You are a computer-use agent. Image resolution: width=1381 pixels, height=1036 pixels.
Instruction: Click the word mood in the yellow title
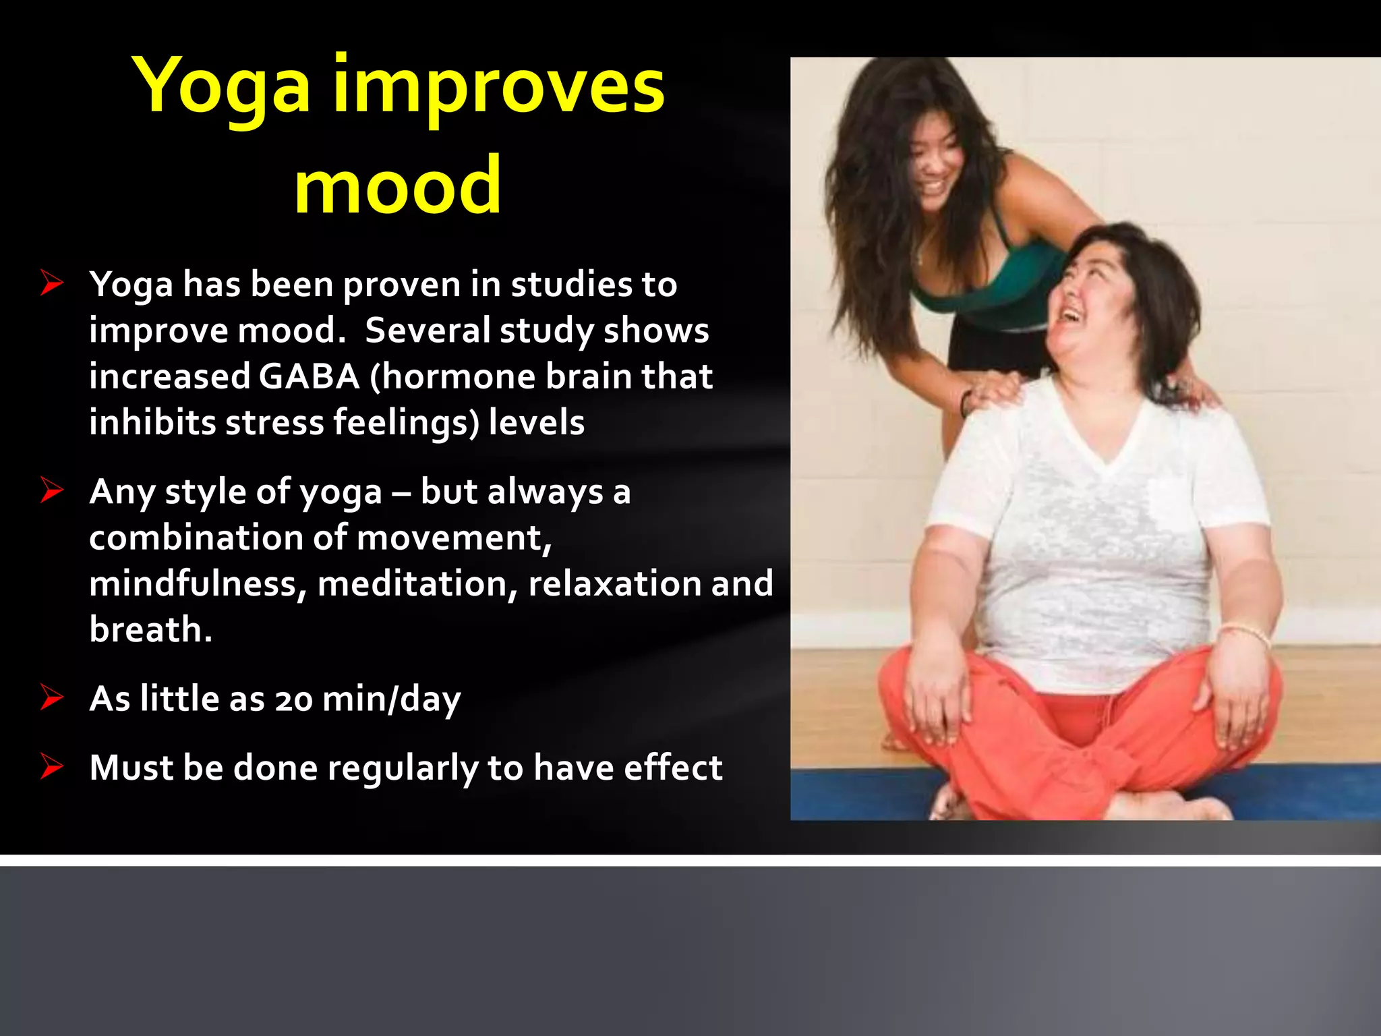point(398,185)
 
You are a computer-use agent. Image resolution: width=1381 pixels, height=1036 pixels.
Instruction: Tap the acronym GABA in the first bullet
point(309,376)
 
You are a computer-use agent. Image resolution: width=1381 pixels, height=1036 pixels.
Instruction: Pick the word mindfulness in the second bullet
point(194,583)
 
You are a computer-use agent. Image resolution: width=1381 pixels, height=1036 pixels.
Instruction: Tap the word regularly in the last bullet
point(403,768)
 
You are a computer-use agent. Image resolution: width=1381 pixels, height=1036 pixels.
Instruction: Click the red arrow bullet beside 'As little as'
point(51,697)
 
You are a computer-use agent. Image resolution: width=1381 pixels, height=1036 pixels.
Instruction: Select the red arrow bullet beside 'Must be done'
point(51,766)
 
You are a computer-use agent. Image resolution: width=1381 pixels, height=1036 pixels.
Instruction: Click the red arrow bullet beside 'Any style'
point(51,490)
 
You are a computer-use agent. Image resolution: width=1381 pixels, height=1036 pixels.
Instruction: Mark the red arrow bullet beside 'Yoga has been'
point(51,283)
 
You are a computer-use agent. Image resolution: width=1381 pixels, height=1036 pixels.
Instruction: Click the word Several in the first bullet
point(428,330)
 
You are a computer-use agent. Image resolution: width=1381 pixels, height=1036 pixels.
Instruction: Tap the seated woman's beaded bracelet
point(1244,631)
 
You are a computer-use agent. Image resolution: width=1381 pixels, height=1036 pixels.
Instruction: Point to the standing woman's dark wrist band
point(965,403)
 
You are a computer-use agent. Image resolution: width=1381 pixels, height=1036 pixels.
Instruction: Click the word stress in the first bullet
point(274,423)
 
